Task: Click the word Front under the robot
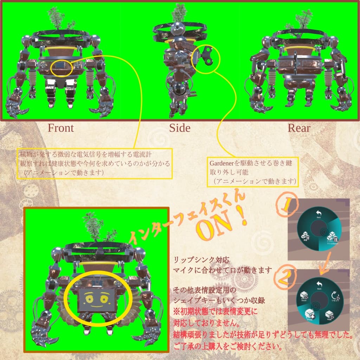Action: (61, 128)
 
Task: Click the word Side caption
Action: (180, 128)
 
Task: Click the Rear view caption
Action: (299, 128)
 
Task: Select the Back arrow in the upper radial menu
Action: (319, 214)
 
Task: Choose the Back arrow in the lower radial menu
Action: (319, 284)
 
